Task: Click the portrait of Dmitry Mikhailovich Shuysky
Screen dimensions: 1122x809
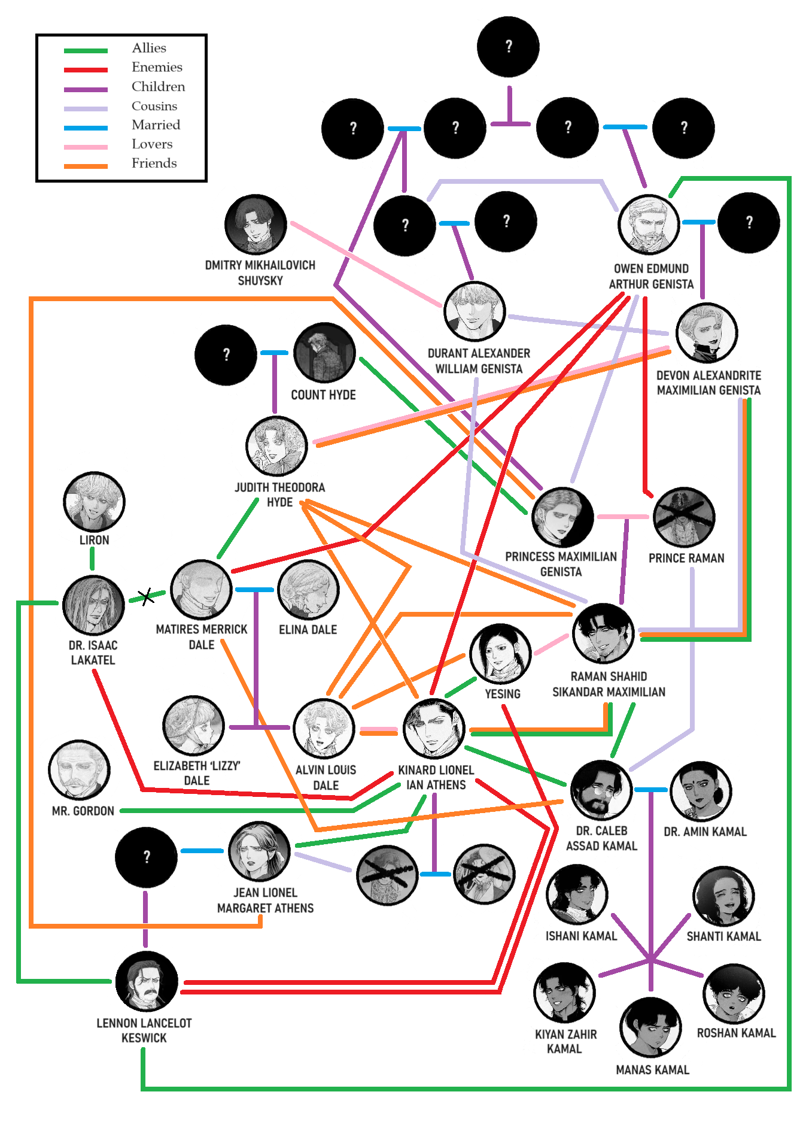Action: (256, 225)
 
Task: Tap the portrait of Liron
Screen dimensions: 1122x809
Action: (94, 502)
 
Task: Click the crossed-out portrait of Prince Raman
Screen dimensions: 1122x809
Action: (684, 517)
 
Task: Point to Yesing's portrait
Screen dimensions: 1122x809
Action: (500, 654)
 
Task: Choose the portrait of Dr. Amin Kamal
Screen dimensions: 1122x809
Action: (701, 791)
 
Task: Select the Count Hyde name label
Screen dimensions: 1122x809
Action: (323, 395)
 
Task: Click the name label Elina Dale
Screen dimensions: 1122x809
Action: (308, 630)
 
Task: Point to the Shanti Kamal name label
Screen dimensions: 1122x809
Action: (723, 936)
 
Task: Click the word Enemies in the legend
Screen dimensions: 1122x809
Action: (157, 67)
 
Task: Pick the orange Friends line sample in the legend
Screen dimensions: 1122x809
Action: (86, 166)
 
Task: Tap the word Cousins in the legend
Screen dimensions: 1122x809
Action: (154, 106)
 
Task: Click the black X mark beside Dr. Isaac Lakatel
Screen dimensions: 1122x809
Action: (145, 596)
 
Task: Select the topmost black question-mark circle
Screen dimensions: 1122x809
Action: (508, 47)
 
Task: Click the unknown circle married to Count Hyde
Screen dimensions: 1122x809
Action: (226, 355)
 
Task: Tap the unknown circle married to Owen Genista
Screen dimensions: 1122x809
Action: (749, 223)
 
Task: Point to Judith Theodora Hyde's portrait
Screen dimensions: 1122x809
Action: (276, 446)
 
